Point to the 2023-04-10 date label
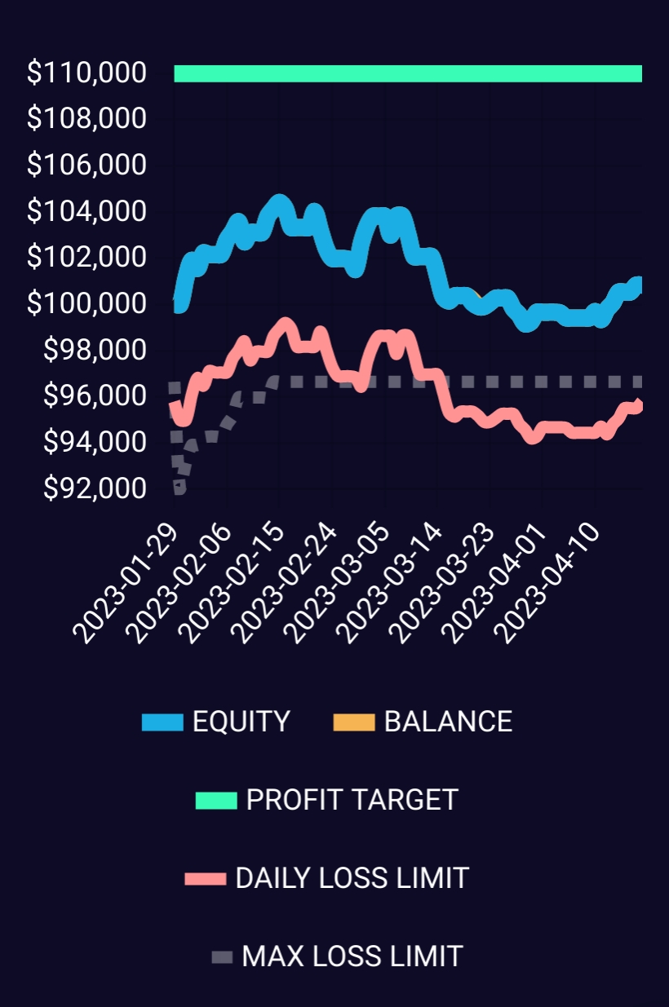[552, 580]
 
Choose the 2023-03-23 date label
[445, 580]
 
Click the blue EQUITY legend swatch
[162, 722]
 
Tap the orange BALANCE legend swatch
[354, 722]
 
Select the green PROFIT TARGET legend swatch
[216, 801]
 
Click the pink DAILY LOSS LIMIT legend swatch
[205, 879]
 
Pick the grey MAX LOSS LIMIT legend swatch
[221, 956]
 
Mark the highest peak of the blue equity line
[279, 202]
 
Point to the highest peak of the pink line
[285, 325]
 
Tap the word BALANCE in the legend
[448, 722]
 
